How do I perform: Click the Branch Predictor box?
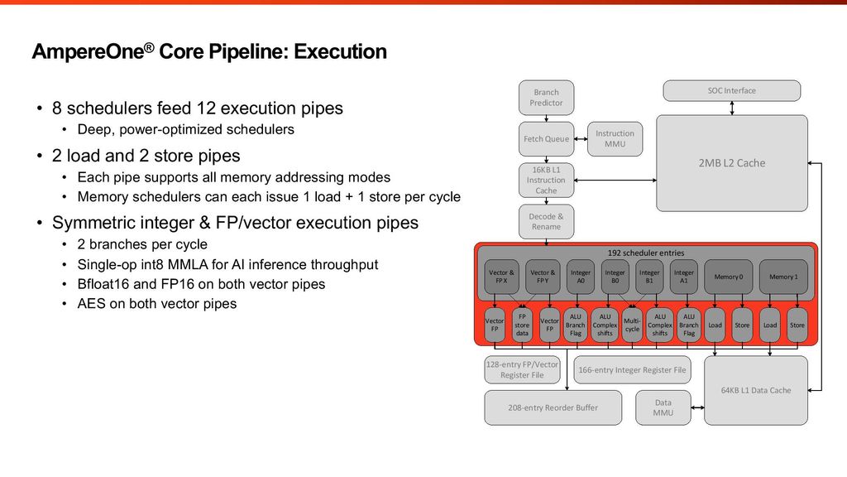coord(546,98)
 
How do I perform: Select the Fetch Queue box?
coord(546,139)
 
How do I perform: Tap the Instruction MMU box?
coord(615,139)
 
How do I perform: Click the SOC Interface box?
coord(731,90)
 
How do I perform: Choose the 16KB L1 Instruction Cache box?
coord(546,180)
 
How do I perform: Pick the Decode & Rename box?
coord(546,221)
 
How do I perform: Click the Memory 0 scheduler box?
coord(728,277)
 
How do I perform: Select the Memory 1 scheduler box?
coord(782,277)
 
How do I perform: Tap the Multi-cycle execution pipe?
coord(632,325)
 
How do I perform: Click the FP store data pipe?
coord(522,325)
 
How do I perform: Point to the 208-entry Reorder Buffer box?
coord(553,407)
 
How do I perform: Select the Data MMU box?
coord(663,407)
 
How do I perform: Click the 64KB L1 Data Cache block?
coord(755,390)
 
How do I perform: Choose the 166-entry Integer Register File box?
coord(632,370)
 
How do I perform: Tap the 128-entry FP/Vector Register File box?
coord(522,369)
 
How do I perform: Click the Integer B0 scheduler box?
coord(615,277)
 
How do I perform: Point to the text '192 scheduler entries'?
coord(646,253)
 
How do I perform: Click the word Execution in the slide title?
coord(340,52)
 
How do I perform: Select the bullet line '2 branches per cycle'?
coord(142,245)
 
